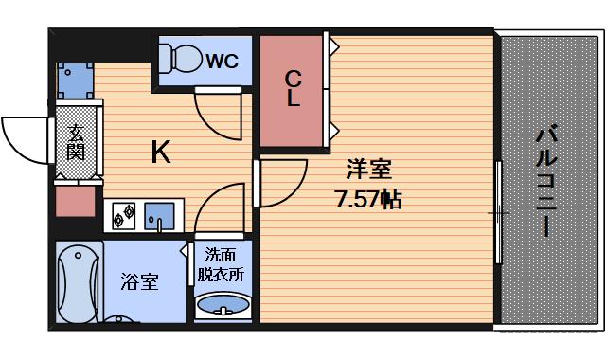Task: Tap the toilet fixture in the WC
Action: pos(182,59)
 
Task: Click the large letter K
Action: pos(161,152)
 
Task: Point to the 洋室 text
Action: pos(368,171)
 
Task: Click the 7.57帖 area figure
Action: pos(368,201)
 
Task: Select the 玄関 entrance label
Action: pos(76,142)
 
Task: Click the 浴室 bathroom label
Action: pos(139,281)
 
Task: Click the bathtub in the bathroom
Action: pos(79,282)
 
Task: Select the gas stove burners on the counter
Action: pos(124,217)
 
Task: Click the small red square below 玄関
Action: pos(76,201)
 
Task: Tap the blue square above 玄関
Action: pos(76,81)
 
